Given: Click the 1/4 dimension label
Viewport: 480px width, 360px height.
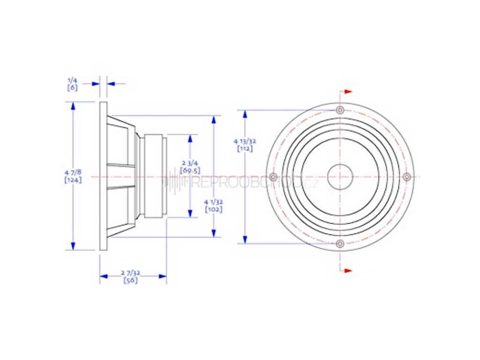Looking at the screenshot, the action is (72, 81).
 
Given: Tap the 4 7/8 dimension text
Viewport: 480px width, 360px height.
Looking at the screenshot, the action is (73, 172).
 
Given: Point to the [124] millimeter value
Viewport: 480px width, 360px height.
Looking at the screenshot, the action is (73, 180).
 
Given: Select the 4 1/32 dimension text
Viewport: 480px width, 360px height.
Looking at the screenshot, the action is (214, 202).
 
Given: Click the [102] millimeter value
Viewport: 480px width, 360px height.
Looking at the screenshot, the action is (214, 209).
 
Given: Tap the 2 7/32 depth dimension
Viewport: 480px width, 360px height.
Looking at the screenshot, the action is (130, 273).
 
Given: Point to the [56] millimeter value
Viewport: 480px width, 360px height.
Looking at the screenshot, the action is (130, 280).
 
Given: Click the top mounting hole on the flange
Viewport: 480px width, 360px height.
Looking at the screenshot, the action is (340, 110).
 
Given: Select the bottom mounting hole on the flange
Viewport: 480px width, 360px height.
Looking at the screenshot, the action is (340, 244).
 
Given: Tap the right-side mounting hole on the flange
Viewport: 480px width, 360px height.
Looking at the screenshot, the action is (407, 177).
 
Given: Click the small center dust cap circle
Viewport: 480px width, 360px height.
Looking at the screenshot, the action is (340, 177).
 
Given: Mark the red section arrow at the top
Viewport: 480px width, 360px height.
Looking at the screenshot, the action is (347, 92).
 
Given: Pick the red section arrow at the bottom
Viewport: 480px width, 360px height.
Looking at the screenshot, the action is (347, 270).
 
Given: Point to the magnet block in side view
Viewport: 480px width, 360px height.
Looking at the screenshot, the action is (154, 176).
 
